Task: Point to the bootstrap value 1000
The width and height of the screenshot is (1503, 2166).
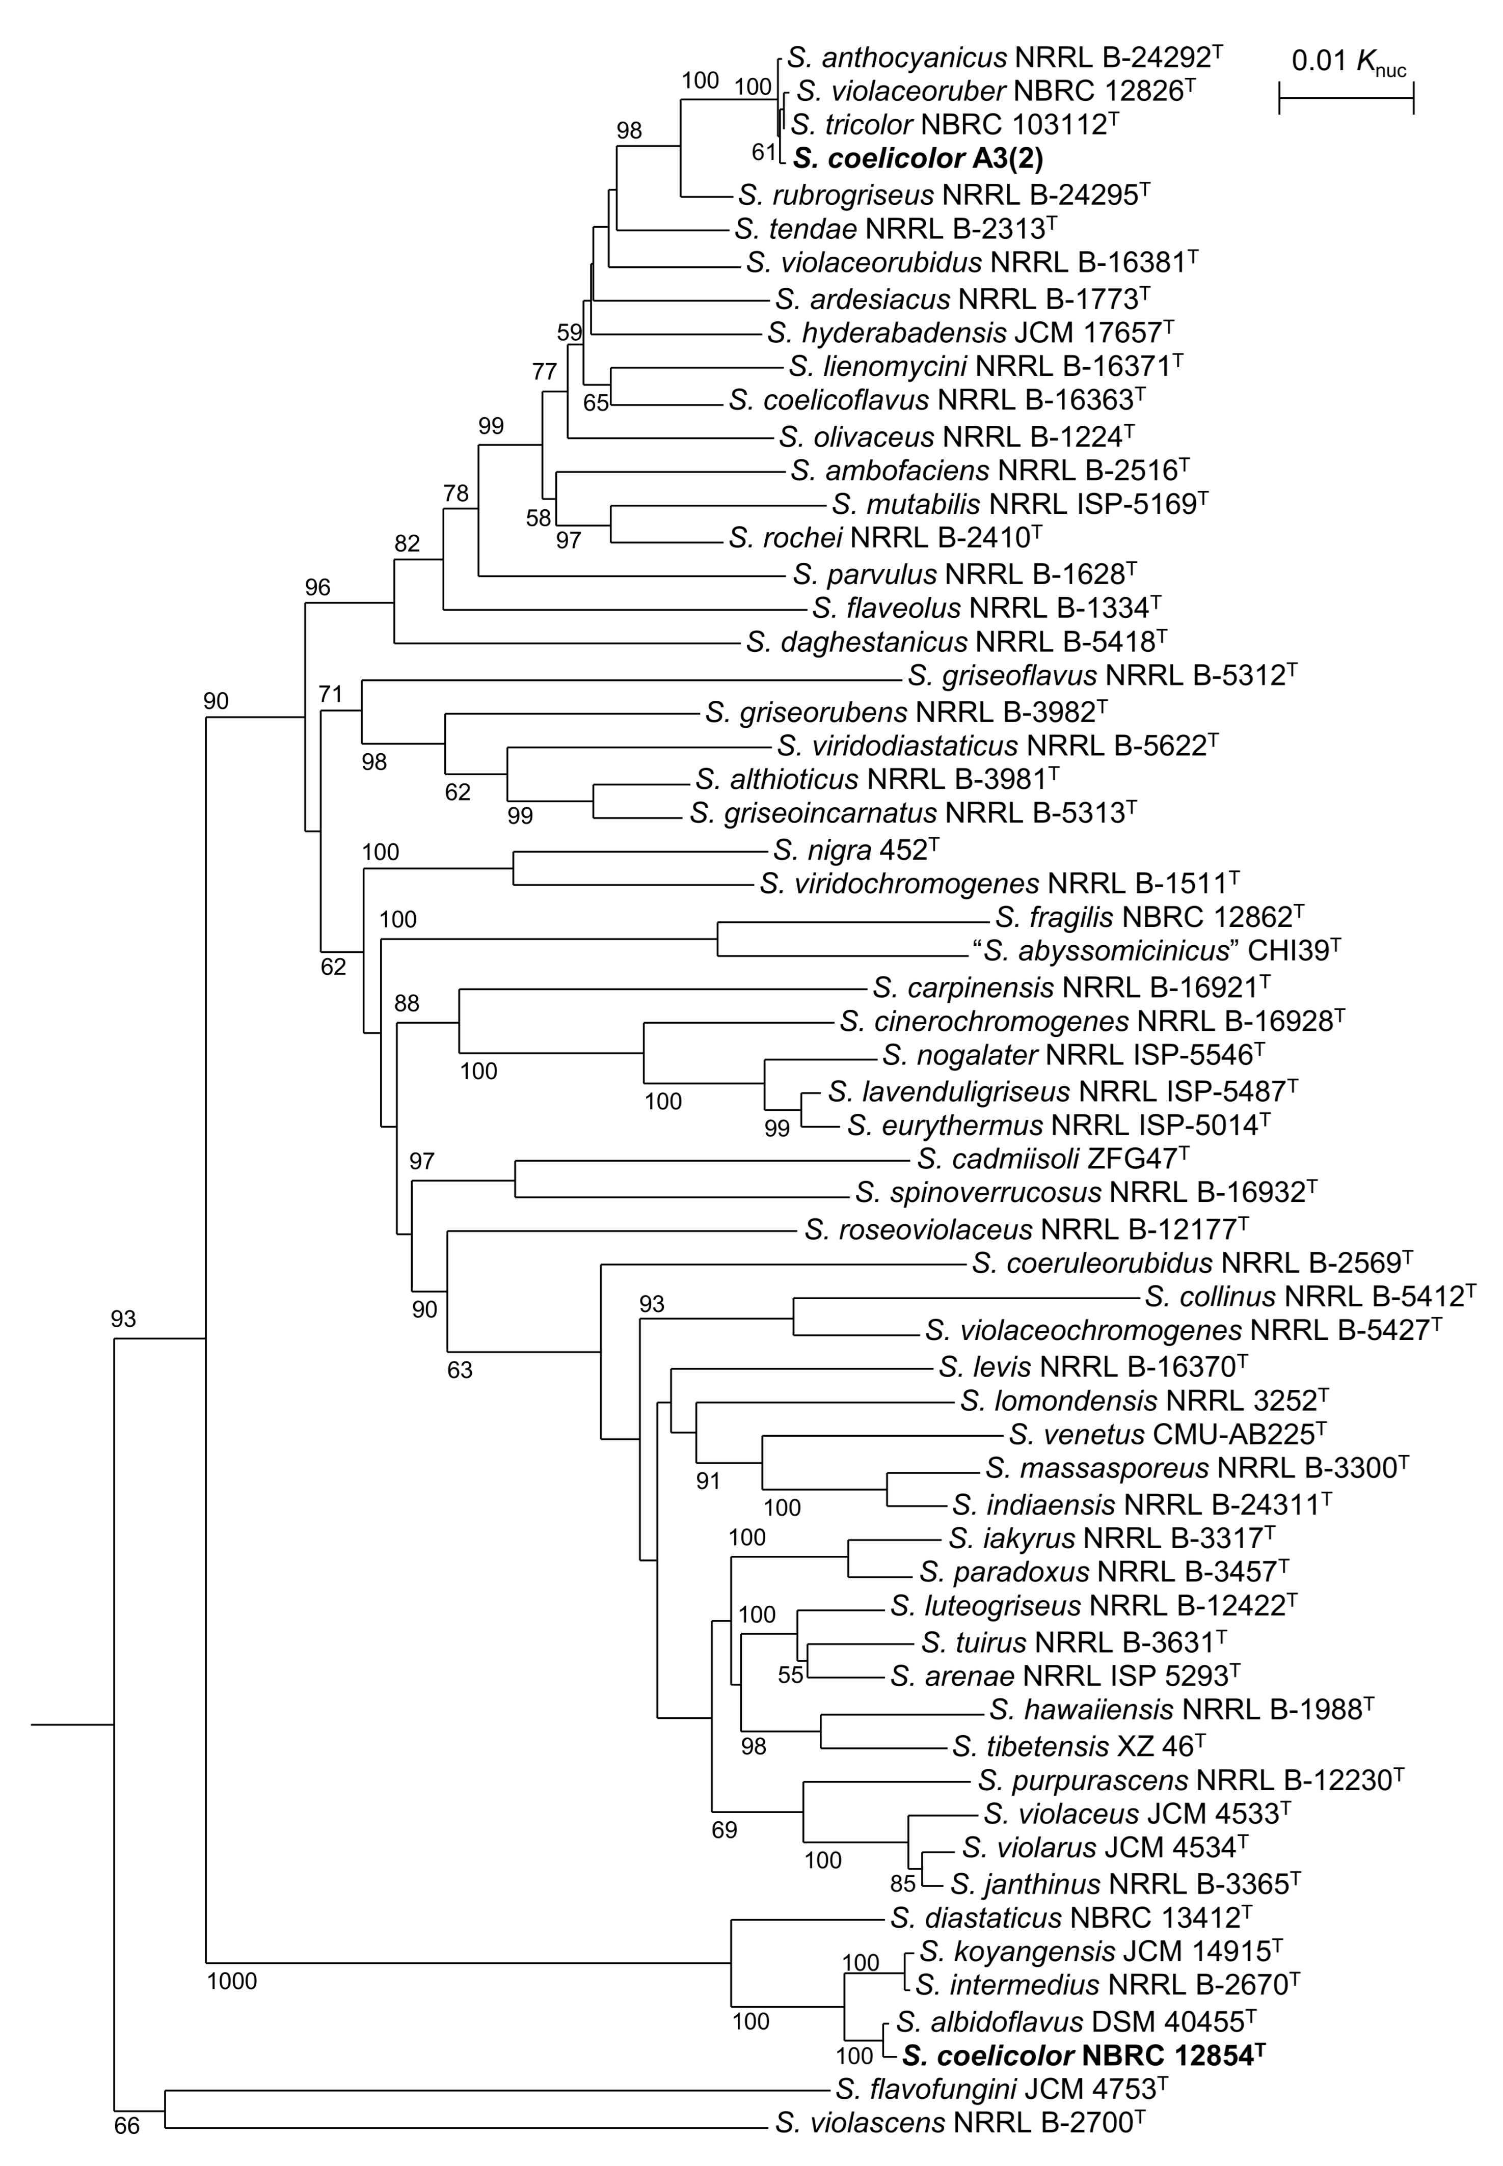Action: click(x=232, y=1982)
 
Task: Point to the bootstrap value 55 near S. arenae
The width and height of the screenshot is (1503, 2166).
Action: click(x=790, y=1676)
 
